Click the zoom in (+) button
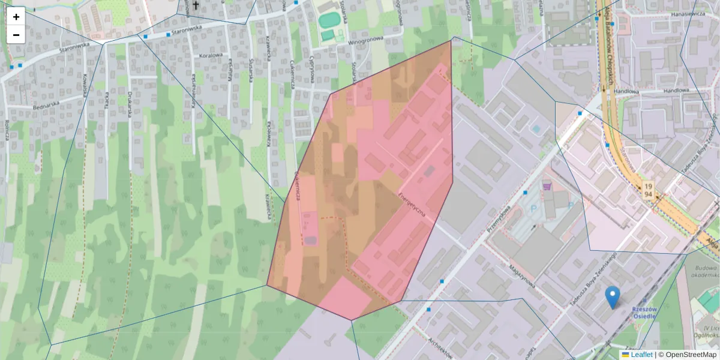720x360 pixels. [16, 17]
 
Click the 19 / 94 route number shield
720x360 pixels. [648, 190]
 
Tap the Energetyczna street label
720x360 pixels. [412, 206]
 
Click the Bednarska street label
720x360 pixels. [49, 106]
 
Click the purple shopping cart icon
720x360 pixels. [547, 187]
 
